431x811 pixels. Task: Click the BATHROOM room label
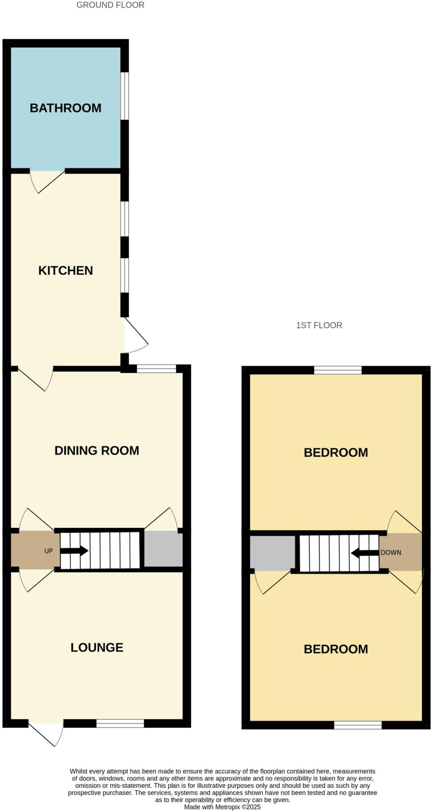point(65,108)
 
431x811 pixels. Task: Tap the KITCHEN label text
point(65,270)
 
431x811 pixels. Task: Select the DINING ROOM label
point(97,450)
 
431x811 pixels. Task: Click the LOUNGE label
point(97,647)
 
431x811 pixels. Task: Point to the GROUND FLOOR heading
point(110,5)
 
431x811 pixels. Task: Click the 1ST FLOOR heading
point(319,325)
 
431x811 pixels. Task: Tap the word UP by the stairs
point(48,551)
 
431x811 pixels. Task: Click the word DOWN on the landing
point(391,552)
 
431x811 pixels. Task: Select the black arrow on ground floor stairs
point(74,551)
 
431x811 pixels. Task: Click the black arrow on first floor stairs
point(364,553)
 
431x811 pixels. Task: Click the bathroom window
point(125,96)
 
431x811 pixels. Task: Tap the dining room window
point(156,369)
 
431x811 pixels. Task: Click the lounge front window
point(120,723)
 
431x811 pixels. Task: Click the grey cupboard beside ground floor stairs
point(163,549)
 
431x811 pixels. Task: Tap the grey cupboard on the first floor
point(272,553)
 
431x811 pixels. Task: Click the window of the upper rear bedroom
point(338,370)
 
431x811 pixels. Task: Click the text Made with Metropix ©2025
point(222,807)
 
